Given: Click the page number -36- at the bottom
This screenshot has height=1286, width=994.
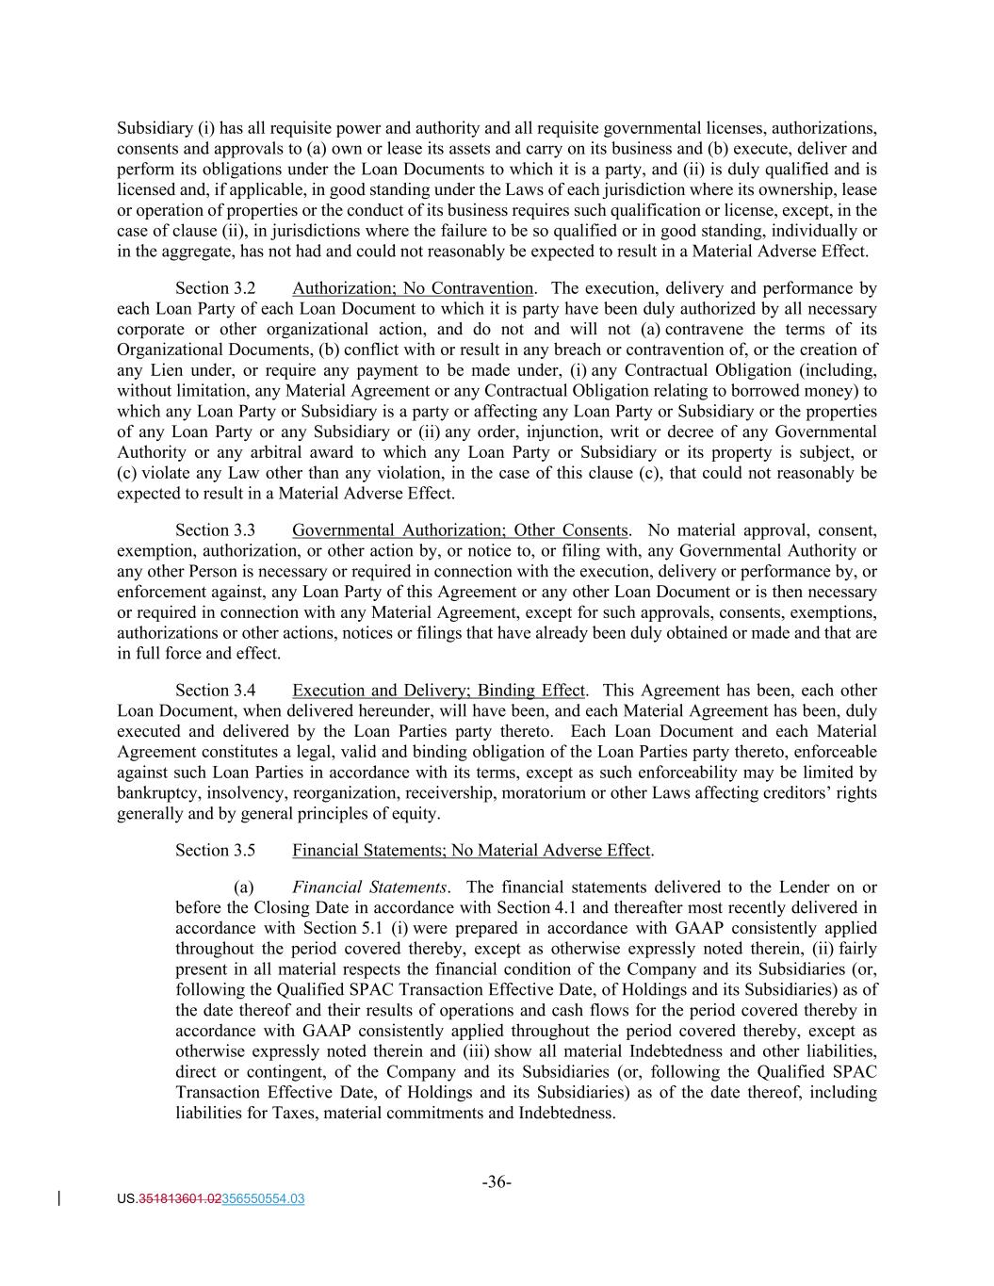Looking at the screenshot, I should point(497,1182).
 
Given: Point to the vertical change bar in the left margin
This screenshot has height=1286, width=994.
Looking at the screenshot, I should point(60,1198).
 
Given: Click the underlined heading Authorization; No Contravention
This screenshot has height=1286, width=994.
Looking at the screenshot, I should point(413,288).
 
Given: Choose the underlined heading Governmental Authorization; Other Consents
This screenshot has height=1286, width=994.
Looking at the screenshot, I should point(460,530).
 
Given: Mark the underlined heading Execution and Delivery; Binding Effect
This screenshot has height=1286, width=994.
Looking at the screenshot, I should point(438,691).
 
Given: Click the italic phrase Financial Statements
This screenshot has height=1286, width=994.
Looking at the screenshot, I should point(369,887).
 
